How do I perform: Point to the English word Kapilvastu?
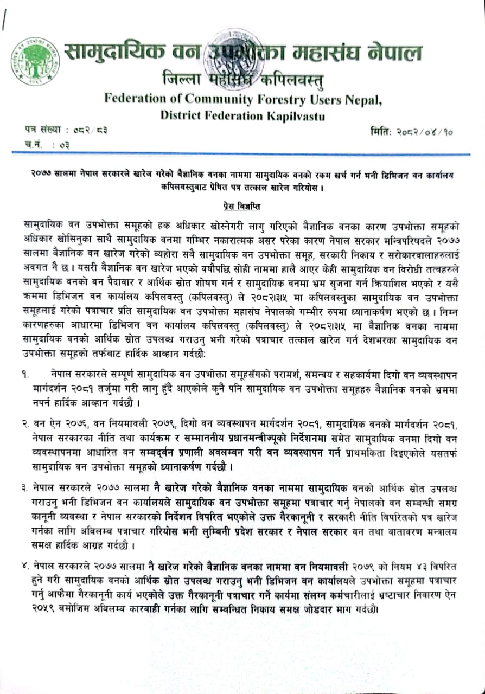click(x=297, y=115)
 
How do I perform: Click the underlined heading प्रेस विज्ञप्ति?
click(x=242, y=206)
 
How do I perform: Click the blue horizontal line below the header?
click(x=242, y=155)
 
